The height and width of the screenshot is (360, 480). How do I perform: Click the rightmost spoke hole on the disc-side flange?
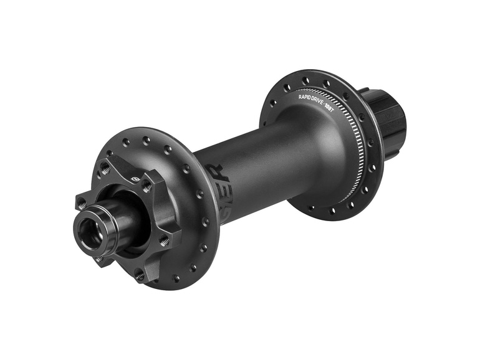[205, 221]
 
